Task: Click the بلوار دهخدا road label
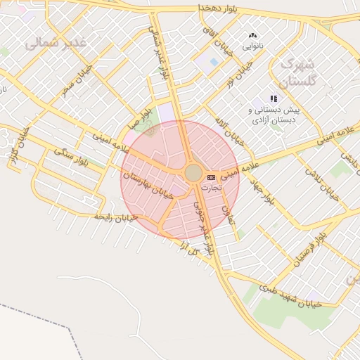pyautogui.click(x=200, y=6)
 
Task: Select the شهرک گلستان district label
pyautogui.click(x=298, y=72)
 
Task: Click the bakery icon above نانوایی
pyautogui.click(x=253, y=35)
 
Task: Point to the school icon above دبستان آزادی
pyautogui.click(x=274, y=99)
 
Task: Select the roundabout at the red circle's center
pyautogui.click(x=193, y=173)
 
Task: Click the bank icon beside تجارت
pyautogui.click(x=212, y=176)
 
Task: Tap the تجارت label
pyautogui.click(x=211, y=188)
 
